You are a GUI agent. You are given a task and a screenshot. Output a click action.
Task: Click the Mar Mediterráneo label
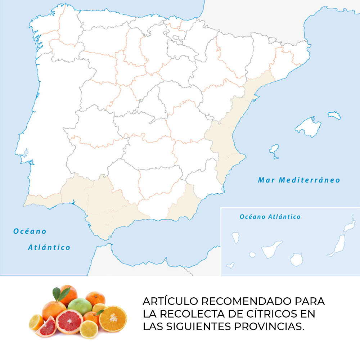tap(299, 180)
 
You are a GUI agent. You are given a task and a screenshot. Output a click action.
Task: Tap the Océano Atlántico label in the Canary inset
tap(270, 217)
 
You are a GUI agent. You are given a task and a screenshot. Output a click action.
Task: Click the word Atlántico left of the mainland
tap(49, 247)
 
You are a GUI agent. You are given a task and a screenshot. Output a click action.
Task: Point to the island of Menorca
tap(334, 115)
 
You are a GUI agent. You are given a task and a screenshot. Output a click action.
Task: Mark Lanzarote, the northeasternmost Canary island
tap(349, 225)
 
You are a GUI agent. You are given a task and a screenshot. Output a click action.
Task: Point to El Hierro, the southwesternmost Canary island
tap(230, 266)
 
